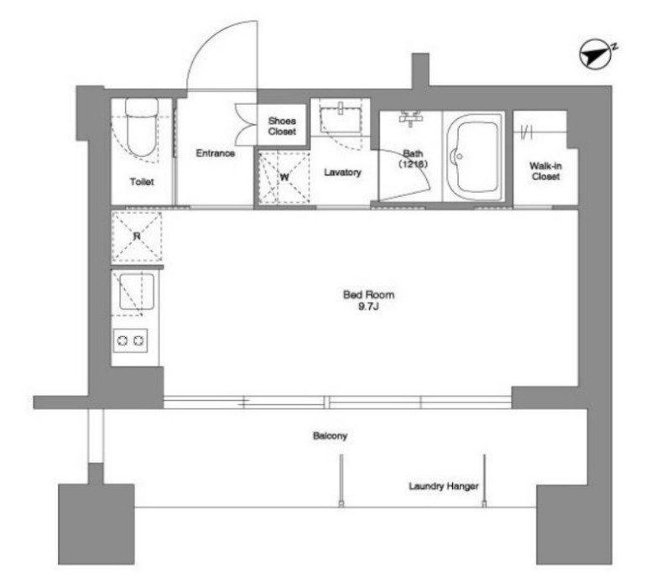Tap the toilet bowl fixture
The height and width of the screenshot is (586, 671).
(x=142, y=127)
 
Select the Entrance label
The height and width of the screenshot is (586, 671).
(x=216, y=153)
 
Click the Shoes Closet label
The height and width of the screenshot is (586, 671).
(x=282, y=127)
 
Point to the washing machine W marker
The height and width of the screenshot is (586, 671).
(x=284, y=177)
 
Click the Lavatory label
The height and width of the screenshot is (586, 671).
(x=342, y=173)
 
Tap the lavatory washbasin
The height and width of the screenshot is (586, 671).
(x=341, y=117)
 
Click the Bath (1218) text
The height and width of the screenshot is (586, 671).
(x=413, y=158)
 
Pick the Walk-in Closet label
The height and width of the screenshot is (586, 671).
(x=546, y=171)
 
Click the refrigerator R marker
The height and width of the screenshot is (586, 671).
(x=137, y=236)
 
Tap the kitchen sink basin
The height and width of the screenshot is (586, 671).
(x=137, y=292)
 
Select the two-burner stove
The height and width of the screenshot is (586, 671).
(x=131, y=340)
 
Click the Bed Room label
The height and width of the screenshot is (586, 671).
(x=368, y=295)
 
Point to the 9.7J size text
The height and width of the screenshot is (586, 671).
(x=368, y=306)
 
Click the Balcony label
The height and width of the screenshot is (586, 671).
(x=330, y=436)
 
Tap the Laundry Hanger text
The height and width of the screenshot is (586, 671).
(x=444, y=486)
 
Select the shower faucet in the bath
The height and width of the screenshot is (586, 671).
(x=411, y=117)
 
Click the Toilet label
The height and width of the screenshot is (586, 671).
(x=142, y=182)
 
